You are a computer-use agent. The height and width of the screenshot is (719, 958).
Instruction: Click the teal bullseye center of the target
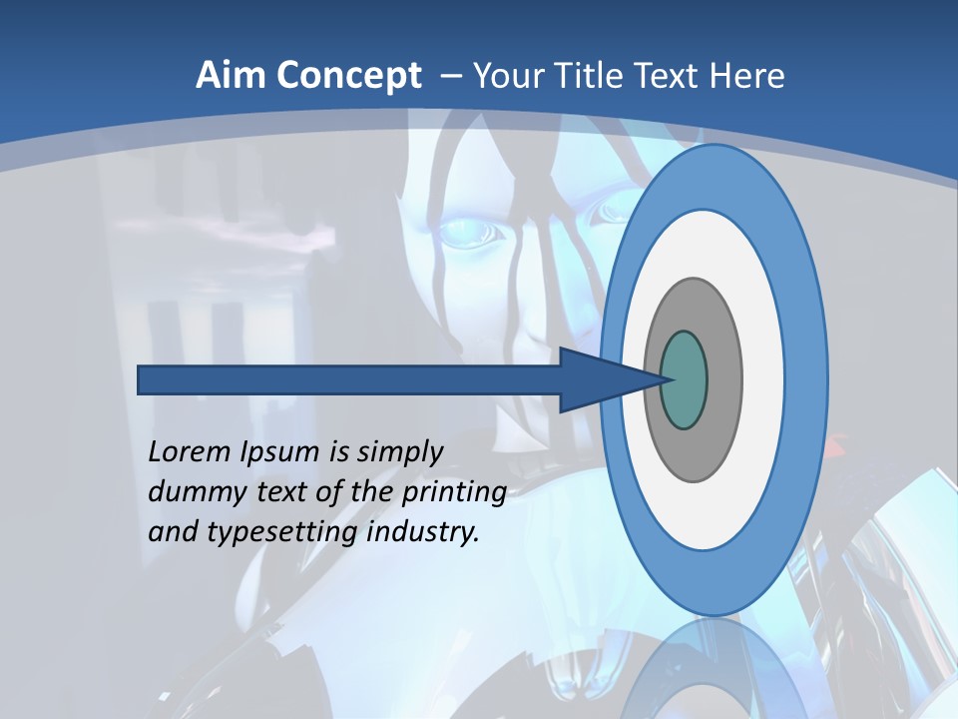pos(685,380)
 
